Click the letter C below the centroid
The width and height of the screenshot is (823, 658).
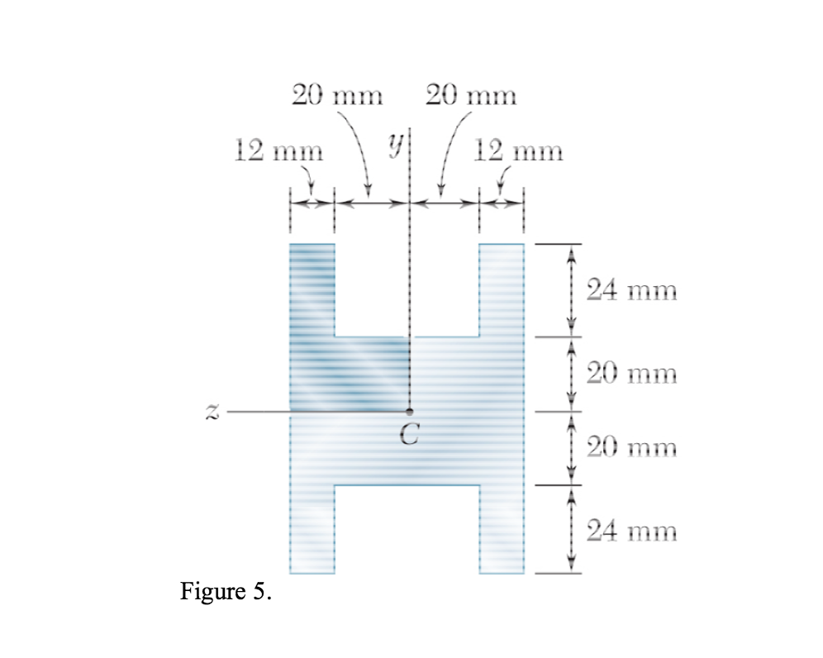(x=409, y=436)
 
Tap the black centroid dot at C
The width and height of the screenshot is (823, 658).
(x=410, y=411)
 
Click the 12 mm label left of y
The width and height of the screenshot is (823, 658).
(x=275, y=151)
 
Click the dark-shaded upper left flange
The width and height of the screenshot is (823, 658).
(x=312, y=289)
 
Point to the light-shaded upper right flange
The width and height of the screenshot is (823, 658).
(x=502, y=289)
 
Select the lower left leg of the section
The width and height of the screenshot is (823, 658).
(x=312, y=529)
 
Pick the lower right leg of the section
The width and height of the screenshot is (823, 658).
(x=502, y=529)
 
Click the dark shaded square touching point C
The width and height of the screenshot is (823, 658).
(x=372, y=374)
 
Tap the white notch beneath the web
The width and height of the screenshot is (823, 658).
(x=407, y=529)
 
